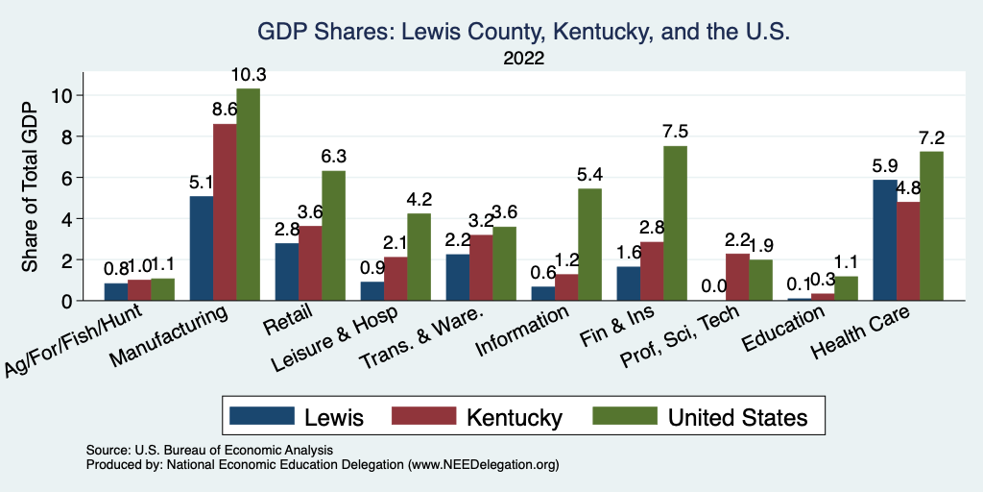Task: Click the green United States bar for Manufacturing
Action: point(248,194)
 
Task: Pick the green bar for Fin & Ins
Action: point(675,223)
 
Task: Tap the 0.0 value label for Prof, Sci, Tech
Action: point(712,286)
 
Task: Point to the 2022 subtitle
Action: point(523,59)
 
